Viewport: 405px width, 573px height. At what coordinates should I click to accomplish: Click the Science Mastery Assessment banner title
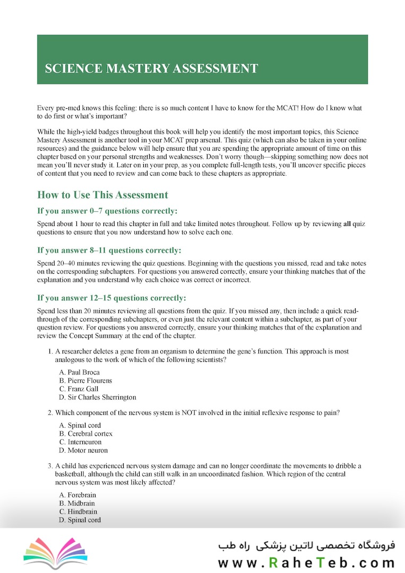tap(151, 68)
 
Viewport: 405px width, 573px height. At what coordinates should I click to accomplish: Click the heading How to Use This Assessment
tap(102, 195)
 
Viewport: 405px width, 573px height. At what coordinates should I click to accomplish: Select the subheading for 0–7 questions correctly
tap(107, 211)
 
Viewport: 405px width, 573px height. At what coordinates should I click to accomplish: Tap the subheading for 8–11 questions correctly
tap(109, 250)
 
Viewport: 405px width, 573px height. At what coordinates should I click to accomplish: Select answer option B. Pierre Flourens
tap(85, 381)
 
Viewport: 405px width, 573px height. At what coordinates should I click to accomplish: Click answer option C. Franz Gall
tap(79, 389)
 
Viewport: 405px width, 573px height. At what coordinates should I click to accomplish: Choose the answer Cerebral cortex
tap(85, 434)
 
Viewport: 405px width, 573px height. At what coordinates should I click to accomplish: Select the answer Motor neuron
tap(83, 450)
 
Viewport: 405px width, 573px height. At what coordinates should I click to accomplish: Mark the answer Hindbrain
tap(78, 512)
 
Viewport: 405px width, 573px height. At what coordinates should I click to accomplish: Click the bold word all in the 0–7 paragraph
tap(347, 224)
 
